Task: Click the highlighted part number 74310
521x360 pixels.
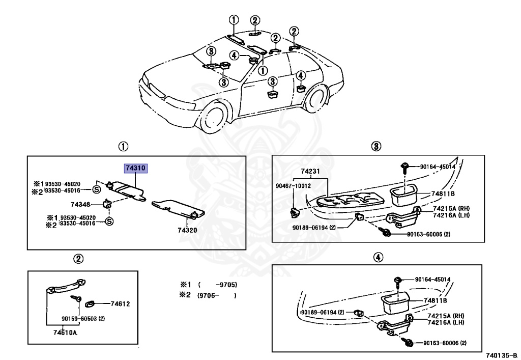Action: (135, 168)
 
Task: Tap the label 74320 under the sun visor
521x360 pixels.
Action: (187, 230)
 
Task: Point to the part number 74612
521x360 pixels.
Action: (120, 303)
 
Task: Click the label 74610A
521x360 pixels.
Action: (65, 332)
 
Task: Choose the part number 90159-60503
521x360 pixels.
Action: (79, 318)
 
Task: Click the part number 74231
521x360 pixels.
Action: (310, 171)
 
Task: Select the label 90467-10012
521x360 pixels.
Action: (294, 185)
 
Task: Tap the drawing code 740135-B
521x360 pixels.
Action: (502, 355)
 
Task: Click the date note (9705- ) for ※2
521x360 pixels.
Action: (217, 295)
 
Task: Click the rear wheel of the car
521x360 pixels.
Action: (316, 98)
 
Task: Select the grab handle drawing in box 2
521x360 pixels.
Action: (65, 286)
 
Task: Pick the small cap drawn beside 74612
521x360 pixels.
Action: (91, 303)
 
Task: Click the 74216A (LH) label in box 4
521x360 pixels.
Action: (446, 322)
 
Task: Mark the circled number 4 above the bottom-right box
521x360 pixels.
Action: (378, 257)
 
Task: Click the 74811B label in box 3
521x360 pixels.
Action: (443, 193)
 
